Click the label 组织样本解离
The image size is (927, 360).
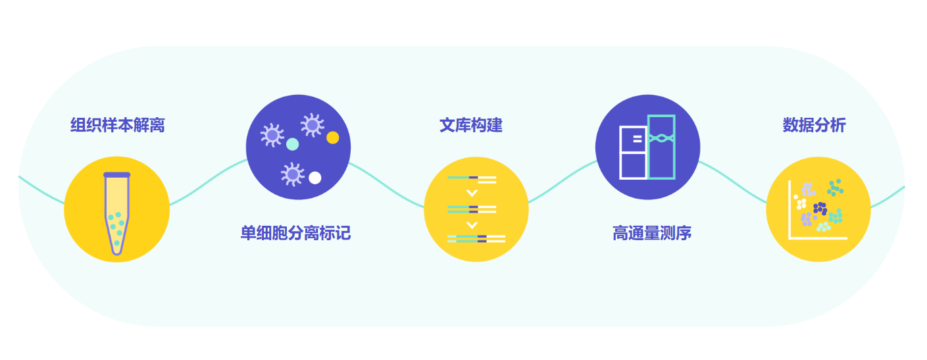point(118,125)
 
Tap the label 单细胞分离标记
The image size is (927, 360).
point(295,233)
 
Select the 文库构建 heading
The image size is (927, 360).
point(471,125)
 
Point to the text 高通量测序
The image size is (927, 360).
point(652,233)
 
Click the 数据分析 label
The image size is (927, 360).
point(814,125)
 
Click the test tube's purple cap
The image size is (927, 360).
point(116,175)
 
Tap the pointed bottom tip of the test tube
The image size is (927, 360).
point(116,253)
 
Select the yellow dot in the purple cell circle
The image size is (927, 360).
point(333,138)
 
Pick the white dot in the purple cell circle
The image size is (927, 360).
point(315,178)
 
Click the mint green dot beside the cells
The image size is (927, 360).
point(293,144)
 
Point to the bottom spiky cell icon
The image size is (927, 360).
point(293,174)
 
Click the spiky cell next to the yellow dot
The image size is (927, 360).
point(313,125)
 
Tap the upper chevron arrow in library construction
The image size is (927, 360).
point(472,193)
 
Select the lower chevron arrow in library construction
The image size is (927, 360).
point(472,226)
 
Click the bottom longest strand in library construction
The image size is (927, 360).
point(476,239)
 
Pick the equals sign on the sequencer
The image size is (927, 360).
point(638,139)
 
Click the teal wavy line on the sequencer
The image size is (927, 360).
point(661,138)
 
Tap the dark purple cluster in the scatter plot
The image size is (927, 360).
point(820,209)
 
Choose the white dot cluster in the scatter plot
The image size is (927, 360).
point(800,202)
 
